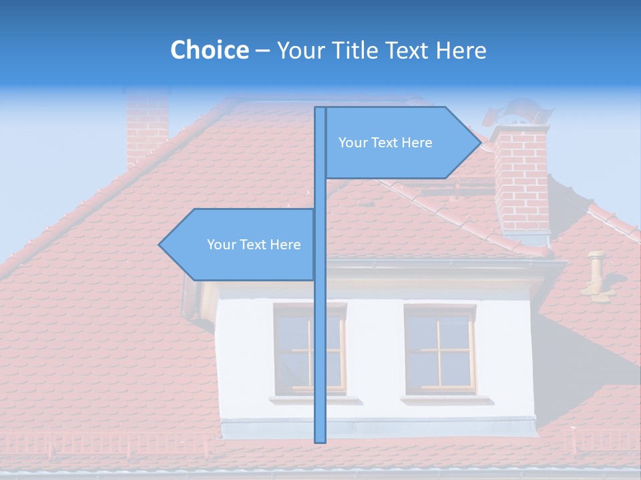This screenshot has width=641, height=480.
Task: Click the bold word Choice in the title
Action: (x=209, y=50)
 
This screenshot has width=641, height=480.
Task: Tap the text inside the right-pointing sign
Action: (x=385, y=143)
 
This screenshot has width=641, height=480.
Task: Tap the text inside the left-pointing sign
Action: (x=254, y=245)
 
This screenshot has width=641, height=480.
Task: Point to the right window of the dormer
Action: (x=440, y=349)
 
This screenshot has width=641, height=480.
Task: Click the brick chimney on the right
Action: (x=521, y=177)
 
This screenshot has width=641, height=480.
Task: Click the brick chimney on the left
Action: (x=147, y=127)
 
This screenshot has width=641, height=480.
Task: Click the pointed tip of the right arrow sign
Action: (x=479, y=143)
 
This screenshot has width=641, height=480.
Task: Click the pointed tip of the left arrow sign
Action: (x=160, y=245)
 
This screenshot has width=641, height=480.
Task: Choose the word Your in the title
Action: (x=300, y=50)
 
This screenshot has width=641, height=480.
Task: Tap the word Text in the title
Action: (x=407, y=50)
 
